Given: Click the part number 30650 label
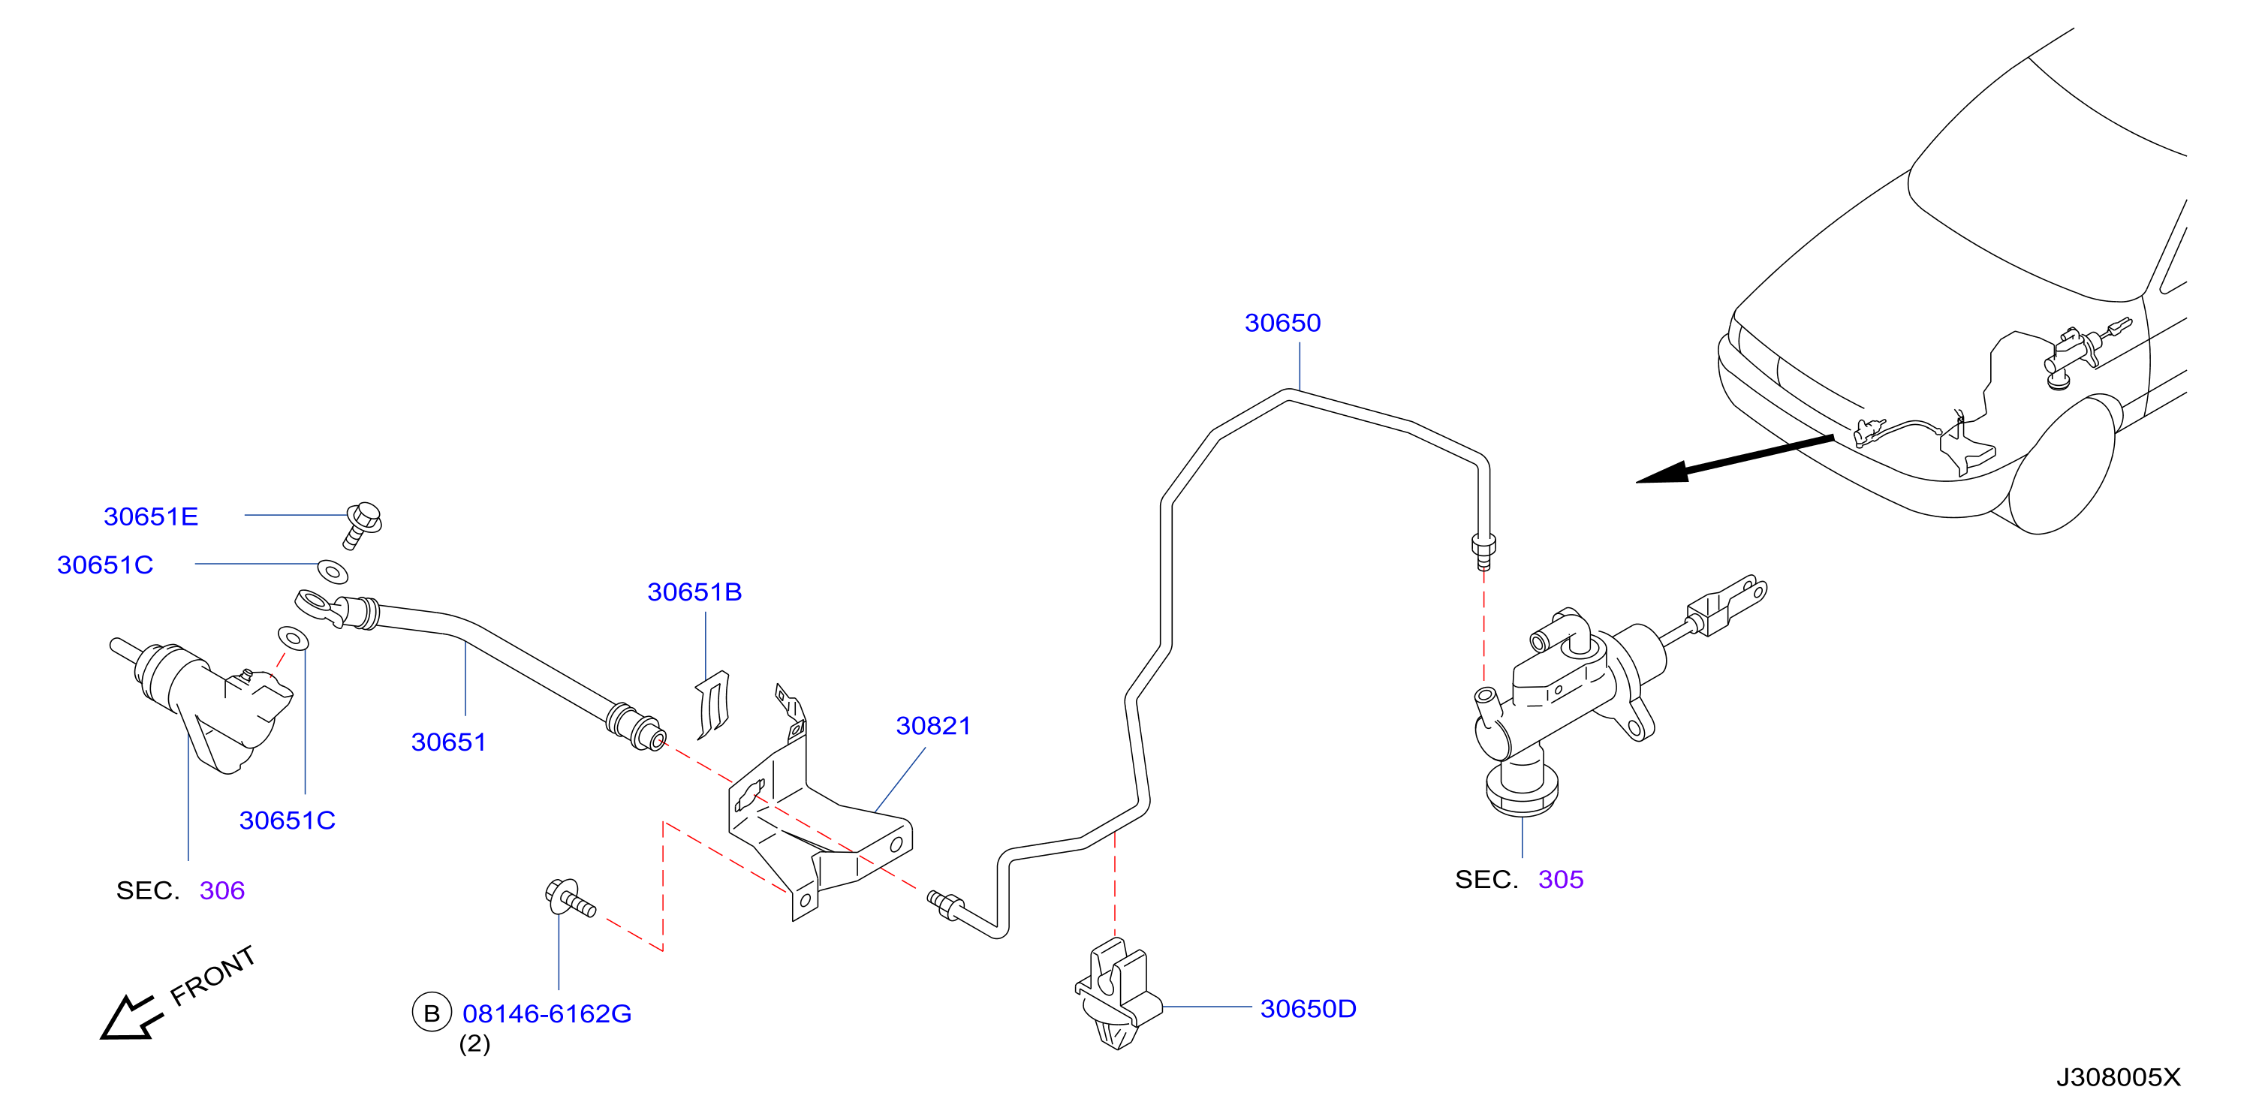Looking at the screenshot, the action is pos(1282,324).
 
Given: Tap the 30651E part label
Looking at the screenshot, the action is pos(151,517).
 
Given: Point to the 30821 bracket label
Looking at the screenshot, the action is pos(933,726).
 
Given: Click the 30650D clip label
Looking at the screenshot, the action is pos(1308,1009).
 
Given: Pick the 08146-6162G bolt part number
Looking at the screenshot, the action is pos(547,1014).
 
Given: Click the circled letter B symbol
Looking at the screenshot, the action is pos(432,1013).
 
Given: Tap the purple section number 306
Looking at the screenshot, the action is pos(222,891).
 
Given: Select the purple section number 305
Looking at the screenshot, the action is pos(1560,880).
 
